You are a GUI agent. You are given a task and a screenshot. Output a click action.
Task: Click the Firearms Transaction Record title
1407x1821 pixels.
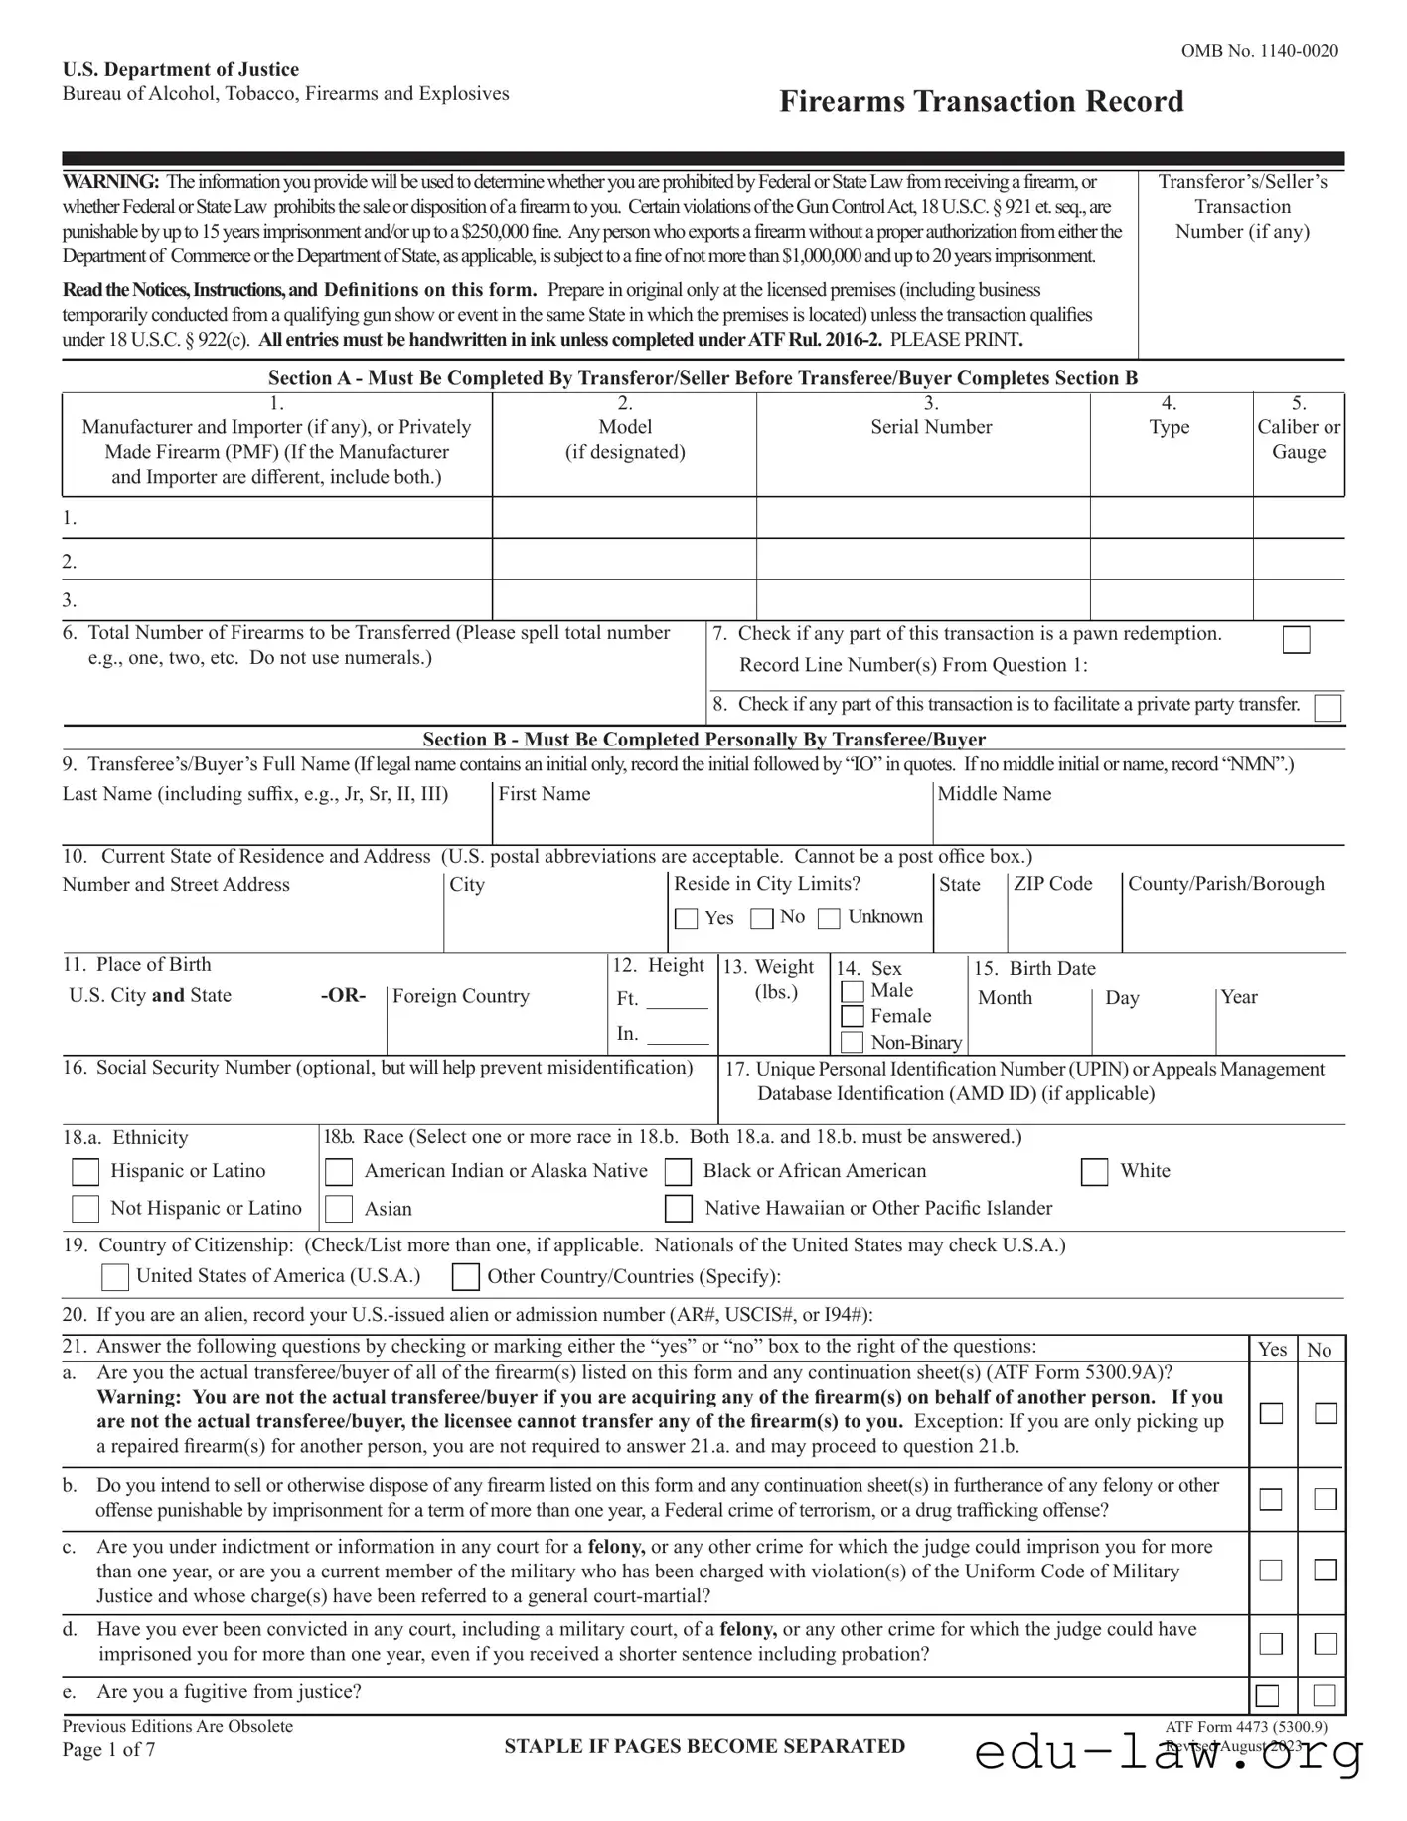pos(981,101)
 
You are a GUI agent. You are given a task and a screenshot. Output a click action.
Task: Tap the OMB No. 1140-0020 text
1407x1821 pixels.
pos(1259,51)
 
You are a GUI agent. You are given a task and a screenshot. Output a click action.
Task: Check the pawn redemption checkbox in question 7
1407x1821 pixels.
pos(1296,640)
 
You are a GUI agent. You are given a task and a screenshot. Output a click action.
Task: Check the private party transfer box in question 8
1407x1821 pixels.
pos(1327,708)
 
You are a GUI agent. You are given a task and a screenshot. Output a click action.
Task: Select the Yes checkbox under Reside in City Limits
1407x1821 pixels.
pos(686,918)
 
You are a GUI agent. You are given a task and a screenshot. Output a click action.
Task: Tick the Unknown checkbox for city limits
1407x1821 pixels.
pos(829,918)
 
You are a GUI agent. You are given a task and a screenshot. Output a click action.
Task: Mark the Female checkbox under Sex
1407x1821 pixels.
pos(853,1016)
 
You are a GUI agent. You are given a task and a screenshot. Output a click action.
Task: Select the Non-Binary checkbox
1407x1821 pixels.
pos(853,1042)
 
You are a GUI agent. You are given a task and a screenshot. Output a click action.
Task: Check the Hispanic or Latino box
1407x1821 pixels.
pos(86,1172)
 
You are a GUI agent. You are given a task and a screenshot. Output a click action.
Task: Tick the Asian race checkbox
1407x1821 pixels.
pos(339,1209)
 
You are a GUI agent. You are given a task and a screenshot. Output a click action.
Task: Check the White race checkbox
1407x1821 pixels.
pos(1094,1172)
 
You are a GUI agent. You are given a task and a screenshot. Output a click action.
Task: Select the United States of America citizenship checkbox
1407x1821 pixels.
pos(116,1276)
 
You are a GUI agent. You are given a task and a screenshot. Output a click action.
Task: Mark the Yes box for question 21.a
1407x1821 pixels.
pos(1271,1413)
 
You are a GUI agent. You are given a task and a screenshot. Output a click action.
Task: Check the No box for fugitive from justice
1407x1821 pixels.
pos(1325,1695)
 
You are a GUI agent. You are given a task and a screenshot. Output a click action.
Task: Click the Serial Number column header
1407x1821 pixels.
pos(931,427)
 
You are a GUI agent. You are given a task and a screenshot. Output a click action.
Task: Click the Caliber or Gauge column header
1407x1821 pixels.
pos(1298,439)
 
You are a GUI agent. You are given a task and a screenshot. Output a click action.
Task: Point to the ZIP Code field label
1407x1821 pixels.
pos(1052,884)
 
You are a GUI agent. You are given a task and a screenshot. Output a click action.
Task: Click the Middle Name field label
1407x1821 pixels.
pos(994,794)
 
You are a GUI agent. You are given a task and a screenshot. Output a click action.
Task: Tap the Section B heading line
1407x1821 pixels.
pos(703,739)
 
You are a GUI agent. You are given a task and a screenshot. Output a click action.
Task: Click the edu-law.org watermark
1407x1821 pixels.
pos(1169,1753)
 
